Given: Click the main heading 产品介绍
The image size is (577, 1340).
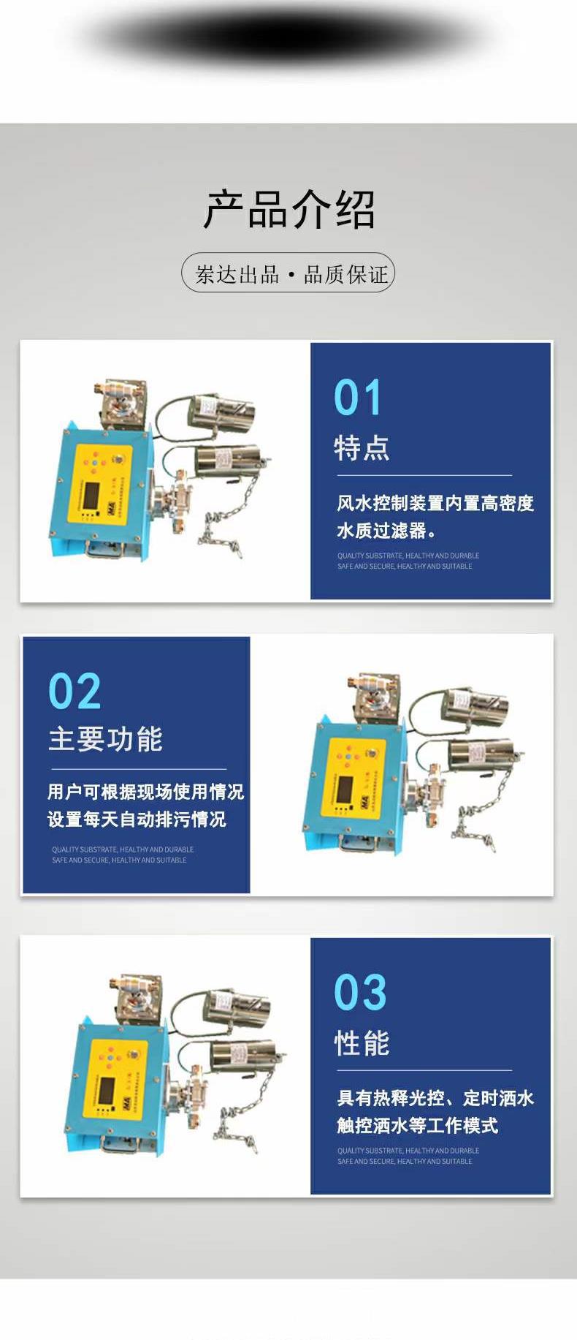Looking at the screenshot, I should (288, 210).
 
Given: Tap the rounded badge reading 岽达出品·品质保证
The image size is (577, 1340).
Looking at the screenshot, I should (288, 273).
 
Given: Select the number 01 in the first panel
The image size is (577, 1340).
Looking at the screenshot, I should (357, 398).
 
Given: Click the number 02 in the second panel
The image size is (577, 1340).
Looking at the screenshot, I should (74, 692).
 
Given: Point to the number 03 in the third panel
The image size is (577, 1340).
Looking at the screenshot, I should (359, 993).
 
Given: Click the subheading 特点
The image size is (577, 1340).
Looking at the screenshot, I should (362, 447).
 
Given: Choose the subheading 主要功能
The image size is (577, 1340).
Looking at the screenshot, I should (105, 739).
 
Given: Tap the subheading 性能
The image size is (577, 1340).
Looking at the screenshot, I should (362, 1042).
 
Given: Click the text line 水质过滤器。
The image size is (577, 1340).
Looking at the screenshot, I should (386, 530).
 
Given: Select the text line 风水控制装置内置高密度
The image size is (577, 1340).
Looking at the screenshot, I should (435, 503).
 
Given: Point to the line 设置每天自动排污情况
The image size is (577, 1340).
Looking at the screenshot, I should (137, 819).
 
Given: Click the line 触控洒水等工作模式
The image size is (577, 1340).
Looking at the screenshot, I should (417, 1125).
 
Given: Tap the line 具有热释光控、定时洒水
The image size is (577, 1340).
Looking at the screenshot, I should (435, 1098).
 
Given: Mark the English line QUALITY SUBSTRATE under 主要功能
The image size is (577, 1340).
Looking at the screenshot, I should (122, 849).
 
